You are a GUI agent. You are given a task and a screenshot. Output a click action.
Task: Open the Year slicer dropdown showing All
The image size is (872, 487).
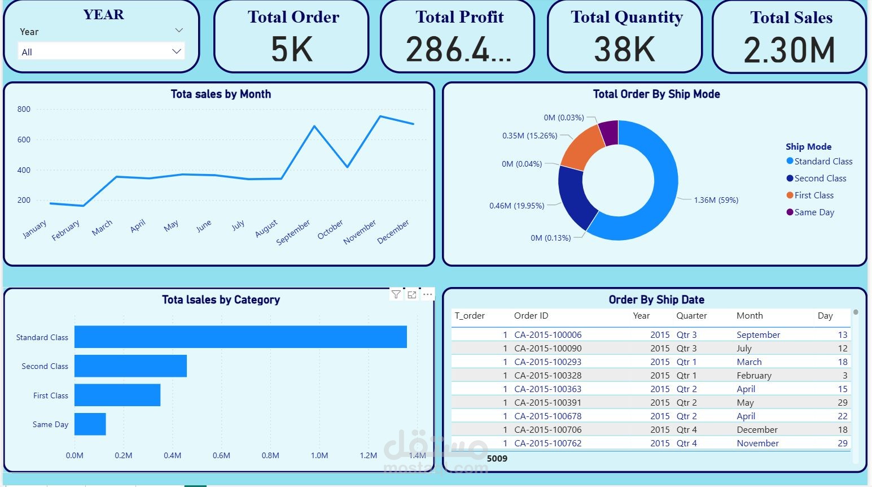click(x=101, y=51)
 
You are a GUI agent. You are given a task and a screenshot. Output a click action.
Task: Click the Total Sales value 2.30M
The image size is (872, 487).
click(x=790, y=50)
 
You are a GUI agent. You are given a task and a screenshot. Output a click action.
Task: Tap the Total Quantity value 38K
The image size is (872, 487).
click(x=624, y=49)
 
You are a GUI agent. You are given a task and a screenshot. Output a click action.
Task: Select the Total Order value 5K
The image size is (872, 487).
click(x=292, y=49)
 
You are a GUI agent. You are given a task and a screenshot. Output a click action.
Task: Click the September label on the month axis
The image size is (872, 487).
click(x=293, y=232)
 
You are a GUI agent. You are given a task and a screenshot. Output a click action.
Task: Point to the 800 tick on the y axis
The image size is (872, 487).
click(x=24, y=109)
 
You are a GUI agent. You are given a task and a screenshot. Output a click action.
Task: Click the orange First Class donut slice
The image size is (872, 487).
click(x=581, y=146)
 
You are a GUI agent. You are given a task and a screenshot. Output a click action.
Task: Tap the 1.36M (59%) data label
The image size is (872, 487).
click(x=716, y=200)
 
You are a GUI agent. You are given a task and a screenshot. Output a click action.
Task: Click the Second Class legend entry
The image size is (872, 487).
click(x=816, y=179)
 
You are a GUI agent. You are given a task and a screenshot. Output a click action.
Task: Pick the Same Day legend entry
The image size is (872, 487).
click(x=810, y=212)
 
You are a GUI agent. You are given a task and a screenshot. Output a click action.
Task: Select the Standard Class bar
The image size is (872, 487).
click(x=240, y=337)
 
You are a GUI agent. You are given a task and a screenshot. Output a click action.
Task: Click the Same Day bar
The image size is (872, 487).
click(x=90, y=424)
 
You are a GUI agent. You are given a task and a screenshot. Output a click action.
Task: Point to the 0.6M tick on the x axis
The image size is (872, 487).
click(x=221, y=455)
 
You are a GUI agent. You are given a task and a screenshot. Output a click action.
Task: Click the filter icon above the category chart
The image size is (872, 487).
click(x=396, y=294)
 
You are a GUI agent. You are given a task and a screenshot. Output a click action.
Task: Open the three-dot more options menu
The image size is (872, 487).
click(x=427, y=294)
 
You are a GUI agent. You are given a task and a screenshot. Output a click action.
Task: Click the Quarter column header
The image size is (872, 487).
click(x=691, y=316)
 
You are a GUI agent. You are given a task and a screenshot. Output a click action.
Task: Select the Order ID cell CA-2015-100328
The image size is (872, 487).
click(x=547, y=376)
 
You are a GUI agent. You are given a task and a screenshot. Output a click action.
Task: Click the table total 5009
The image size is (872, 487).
click(x=497, y=459)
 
